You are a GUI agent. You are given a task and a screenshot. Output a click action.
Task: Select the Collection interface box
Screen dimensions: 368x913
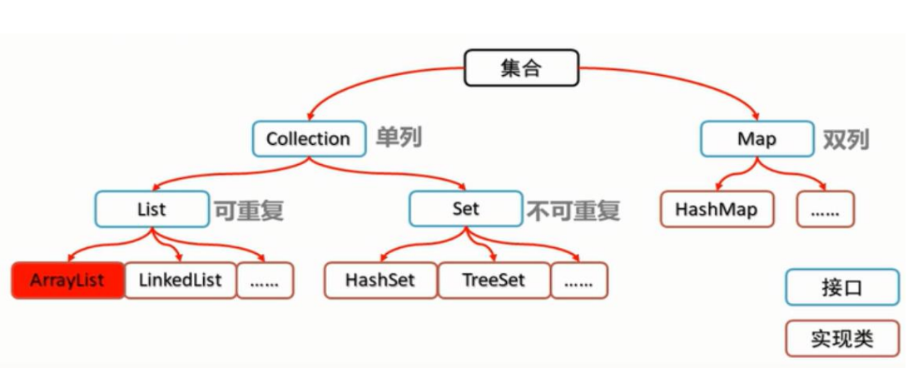309,139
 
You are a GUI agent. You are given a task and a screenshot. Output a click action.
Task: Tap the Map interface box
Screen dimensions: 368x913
757,139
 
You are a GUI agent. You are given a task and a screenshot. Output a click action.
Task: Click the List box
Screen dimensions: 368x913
151,209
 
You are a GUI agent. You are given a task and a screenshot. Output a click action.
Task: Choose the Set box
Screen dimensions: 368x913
465,209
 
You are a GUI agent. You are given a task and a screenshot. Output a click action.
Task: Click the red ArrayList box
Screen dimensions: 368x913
67,281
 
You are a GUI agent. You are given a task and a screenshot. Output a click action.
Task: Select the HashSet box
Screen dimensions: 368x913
380,281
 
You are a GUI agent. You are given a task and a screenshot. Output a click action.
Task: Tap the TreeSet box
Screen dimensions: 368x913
494,281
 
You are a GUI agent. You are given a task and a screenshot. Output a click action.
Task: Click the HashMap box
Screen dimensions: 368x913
717,210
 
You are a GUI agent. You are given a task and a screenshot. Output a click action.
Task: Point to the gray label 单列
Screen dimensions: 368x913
399,137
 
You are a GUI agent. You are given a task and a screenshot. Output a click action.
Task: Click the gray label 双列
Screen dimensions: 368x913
846,139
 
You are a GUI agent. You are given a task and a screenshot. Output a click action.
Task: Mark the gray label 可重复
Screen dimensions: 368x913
249,210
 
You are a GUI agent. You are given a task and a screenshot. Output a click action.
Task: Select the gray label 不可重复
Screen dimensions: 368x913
573,210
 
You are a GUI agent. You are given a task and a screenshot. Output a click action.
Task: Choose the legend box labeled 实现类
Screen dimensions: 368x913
841,339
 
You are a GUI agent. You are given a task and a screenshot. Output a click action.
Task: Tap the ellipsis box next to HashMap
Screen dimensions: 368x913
826,210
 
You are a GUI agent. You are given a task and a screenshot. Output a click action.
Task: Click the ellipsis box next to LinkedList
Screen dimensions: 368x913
265,281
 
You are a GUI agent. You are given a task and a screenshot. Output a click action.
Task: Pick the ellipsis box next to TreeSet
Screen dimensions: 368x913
579,281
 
